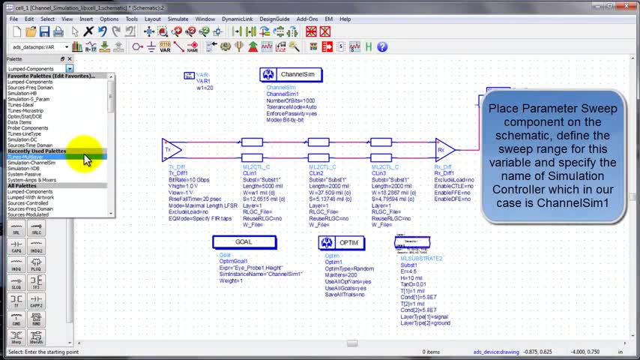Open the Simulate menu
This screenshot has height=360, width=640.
pos(178,19)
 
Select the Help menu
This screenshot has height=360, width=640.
pos(345,19)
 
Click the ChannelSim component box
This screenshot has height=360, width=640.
pos(292,74)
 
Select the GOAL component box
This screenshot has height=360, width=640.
pos(244,242)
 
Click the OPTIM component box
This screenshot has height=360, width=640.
pos(342,242)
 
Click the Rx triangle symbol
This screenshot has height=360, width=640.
pos(444,149)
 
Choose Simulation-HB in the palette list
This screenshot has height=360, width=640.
pos(22,93)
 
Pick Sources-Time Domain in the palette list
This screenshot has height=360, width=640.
pos(30,145)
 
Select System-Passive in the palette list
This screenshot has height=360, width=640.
pos(25,174)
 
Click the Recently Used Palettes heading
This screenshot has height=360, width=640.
pos(37,151)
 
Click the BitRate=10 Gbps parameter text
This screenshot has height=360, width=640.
pos(189,181)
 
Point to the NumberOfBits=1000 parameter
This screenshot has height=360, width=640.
pos(291,100)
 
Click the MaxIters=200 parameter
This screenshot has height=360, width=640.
pos(341,274)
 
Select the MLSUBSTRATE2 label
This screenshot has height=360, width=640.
pos(421,258)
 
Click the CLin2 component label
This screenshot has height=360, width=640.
pos(317,173)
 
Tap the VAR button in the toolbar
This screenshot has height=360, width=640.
pos(166,47)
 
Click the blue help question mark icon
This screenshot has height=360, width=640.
pos(382,46)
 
